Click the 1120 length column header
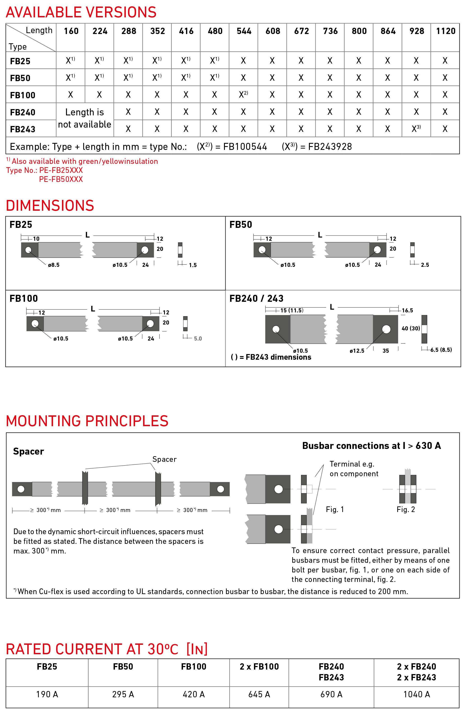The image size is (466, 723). click(x=445, y=31)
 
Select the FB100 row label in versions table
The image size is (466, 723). click(x=23, y=95)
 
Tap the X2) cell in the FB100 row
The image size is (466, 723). click(x=243, y=94)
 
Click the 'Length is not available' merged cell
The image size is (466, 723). click(x=85, y=118)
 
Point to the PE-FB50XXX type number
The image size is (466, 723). click(x=61, y=179)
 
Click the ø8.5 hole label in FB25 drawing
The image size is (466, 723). click(x=54, y=265)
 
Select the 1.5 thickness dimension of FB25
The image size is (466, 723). click(x=192, y=265)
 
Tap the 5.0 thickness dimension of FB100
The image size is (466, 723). click(x=198, y=339)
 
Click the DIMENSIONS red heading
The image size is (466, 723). click(x=50, y=206)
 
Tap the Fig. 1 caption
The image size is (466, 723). click(x=335, y=509)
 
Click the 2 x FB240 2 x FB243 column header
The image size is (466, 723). click(x=416, y=672)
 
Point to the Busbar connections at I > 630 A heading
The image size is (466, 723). click(x=371, y=446)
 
